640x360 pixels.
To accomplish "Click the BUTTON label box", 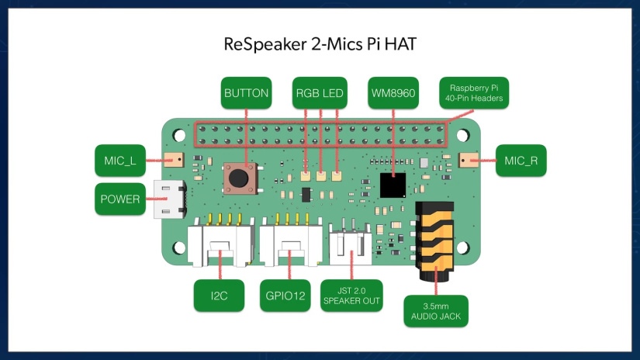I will (x=246, y=93).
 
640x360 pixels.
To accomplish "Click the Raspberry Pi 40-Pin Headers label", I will (x=473, y=92).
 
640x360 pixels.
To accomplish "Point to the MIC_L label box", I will (x=120, y=161).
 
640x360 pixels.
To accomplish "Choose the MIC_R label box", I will (x=520, y=161).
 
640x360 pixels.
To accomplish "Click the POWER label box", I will (x=120, y=199).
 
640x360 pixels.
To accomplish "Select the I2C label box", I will (x=220, y=295).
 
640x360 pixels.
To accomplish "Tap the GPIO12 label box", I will (x=289, y=295).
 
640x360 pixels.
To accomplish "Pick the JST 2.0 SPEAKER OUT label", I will (x=351, y=296).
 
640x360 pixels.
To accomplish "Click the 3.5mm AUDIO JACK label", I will (x=435, y=310).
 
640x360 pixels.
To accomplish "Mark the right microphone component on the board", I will (x=468, y=160).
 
